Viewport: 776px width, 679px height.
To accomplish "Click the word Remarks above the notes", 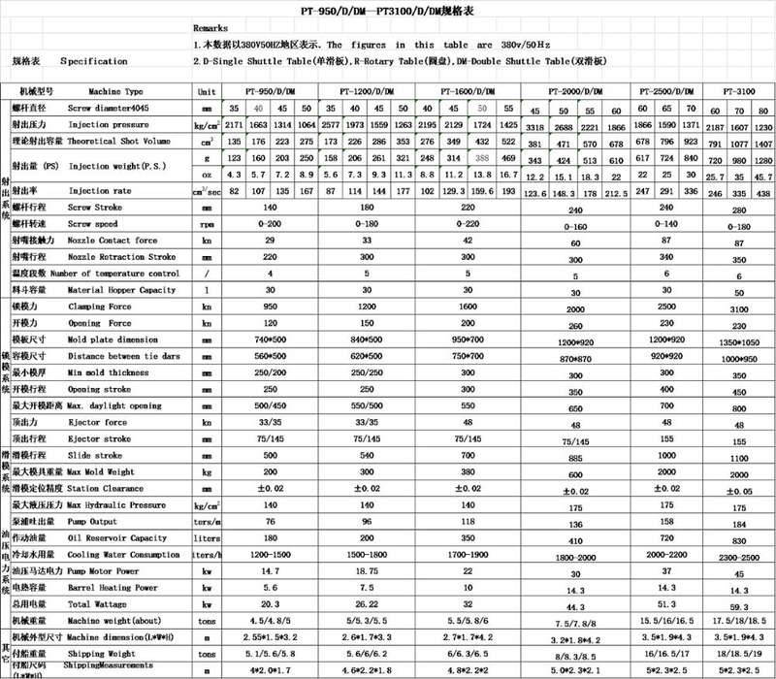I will coord(211,29).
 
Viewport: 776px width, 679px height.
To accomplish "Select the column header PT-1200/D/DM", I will coord(368,90).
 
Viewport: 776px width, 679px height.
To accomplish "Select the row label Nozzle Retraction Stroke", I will coord(121,259).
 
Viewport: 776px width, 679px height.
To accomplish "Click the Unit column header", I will coord(205,90).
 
